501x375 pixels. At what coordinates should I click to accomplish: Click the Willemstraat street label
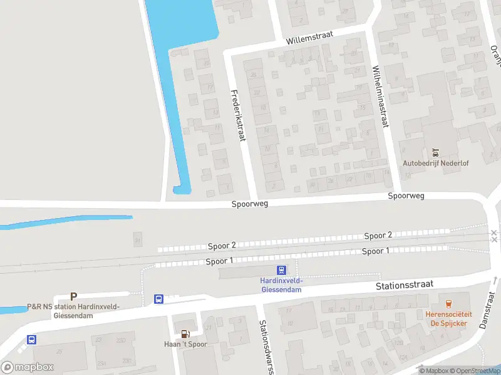click(309, 36)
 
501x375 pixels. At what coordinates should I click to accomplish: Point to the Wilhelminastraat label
click(380, 97)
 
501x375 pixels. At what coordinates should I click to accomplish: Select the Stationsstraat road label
click(405, 285)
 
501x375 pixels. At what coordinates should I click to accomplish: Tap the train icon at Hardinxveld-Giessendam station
click(282, 271)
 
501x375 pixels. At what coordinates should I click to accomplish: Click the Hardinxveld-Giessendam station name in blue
click(281, 285)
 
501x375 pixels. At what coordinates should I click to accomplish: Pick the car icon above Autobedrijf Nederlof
click(435, 152)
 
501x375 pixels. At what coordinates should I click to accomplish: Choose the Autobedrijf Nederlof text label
click(435, 163)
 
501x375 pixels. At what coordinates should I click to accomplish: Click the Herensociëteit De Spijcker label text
click(451, 319)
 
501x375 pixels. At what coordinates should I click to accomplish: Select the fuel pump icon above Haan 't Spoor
click(185, 333)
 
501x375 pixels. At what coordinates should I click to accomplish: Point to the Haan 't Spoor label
click(185, 344)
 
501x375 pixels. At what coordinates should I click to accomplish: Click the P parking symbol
click(73, 297)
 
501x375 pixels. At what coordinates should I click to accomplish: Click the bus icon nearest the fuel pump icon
click(159, 299)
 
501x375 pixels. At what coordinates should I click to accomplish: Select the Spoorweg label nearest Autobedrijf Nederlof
click(406, 196)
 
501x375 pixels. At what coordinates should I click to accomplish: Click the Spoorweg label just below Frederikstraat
click(250, 204)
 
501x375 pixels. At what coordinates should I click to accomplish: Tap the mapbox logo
click(27, 367)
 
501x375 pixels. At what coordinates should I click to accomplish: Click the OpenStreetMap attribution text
click(474, 371)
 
